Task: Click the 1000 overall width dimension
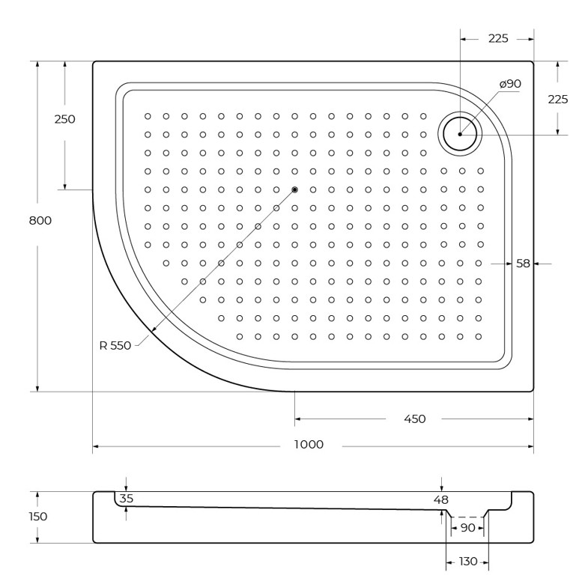tap(309, 445)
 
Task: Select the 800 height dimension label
tap(40, 220)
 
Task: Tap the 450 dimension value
tap(415, 419)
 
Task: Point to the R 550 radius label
tap(115, 345)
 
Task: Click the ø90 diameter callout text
tap(510, 84)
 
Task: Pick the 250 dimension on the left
tap(65, 119)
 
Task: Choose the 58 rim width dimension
tap(523, 264)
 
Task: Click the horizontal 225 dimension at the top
tap(498, 38)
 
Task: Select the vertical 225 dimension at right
tap(558, 100)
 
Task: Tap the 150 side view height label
tap(38, 517)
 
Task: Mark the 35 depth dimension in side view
tap(127, 499)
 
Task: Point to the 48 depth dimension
tap(441, 499)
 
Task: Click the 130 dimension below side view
tap(468, 562)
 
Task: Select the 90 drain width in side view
tap(467, 528)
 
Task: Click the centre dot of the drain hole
tap(460, 134)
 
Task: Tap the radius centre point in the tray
tap(295, 189)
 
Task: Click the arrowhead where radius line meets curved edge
tap(152, 329)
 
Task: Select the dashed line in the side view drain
tap(467, 517)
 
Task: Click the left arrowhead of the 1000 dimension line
tap(96, 446)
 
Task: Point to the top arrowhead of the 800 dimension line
tap(37, 64)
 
